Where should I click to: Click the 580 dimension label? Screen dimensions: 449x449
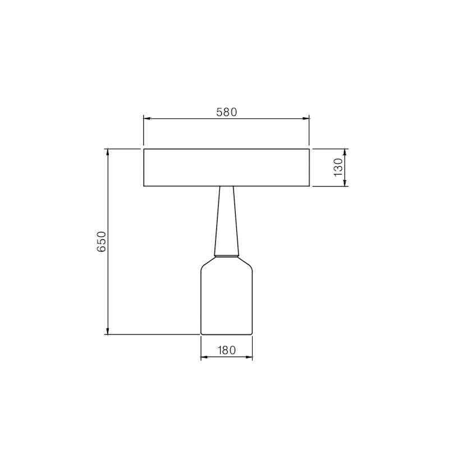coord(227,112)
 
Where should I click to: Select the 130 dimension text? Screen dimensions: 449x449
coord(338,167)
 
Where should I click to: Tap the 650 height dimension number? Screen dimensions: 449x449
coord(102,242)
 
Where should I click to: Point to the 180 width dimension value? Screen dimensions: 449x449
coord(227,350)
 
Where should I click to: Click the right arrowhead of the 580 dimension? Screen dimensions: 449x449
coord(306,118)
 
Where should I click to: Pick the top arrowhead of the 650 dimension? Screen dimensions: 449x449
coord(108,152)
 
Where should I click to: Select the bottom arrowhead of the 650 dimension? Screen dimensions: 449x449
coord(108,331)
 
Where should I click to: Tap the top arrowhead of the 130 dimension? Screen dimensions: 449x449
coord(345,152)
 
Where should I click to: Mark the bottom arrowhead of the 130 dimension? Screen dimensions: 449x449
coord(345,183)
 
